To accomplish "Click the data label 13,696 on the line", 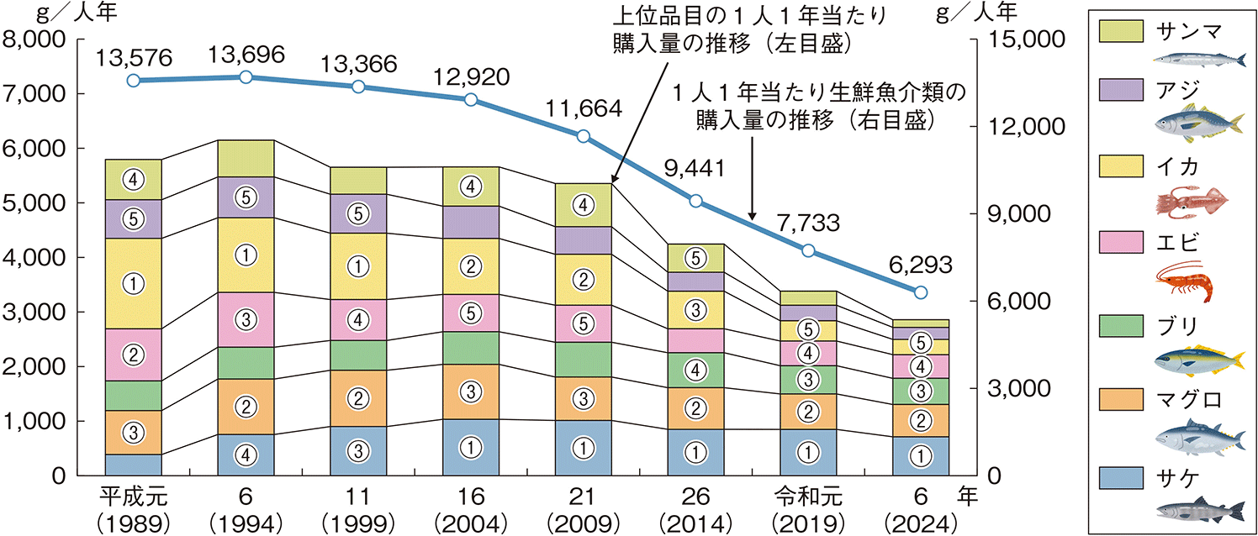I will [246, 55].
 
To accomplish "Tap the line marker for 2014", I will [695, 201].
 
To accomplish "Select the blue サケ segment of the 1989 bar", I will [133, 465].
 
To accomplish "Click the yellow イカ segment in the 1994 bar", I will [246, 255].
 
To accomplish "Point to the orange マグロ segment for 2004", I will [471, 391].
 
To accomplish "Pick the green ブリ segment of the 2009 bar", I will [584, 359].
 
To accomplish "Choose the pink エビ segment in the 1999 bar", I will [358, 319].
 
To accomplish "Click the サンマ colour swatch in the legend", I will [1122, 31].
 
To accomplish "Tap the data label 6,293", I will [920, 265].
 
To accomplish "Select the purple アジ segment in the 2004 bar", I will [471, 222].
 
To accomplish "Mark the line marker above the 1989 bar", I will [133, 81].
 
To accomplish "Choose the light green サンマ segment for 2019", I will [808, 298].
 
